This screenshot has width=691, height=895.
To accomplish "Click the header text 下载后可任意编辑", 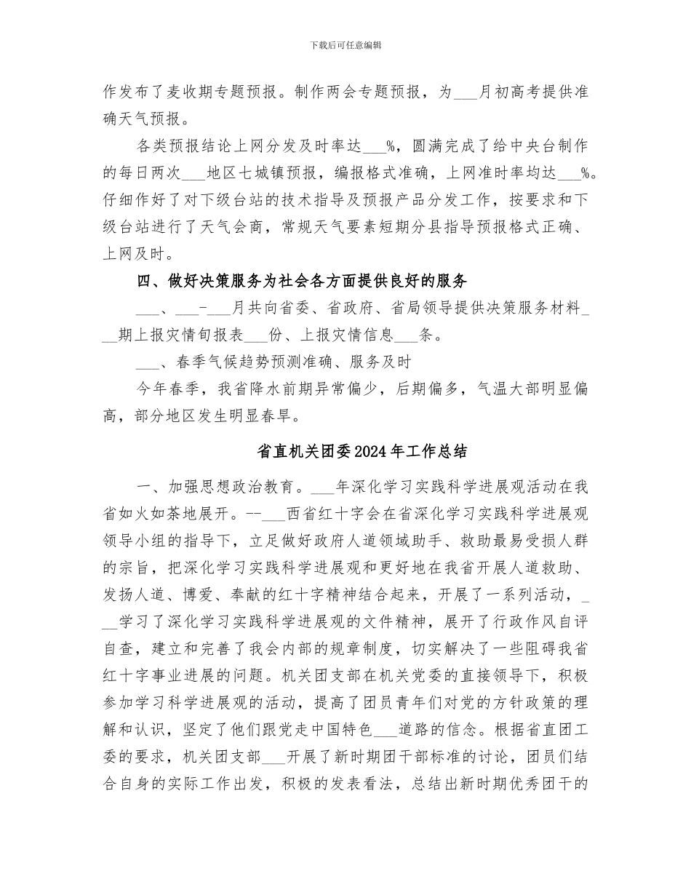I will click(345, 45).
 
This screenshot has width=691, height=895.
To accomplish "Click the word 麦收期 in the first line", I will click(211, 92).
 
